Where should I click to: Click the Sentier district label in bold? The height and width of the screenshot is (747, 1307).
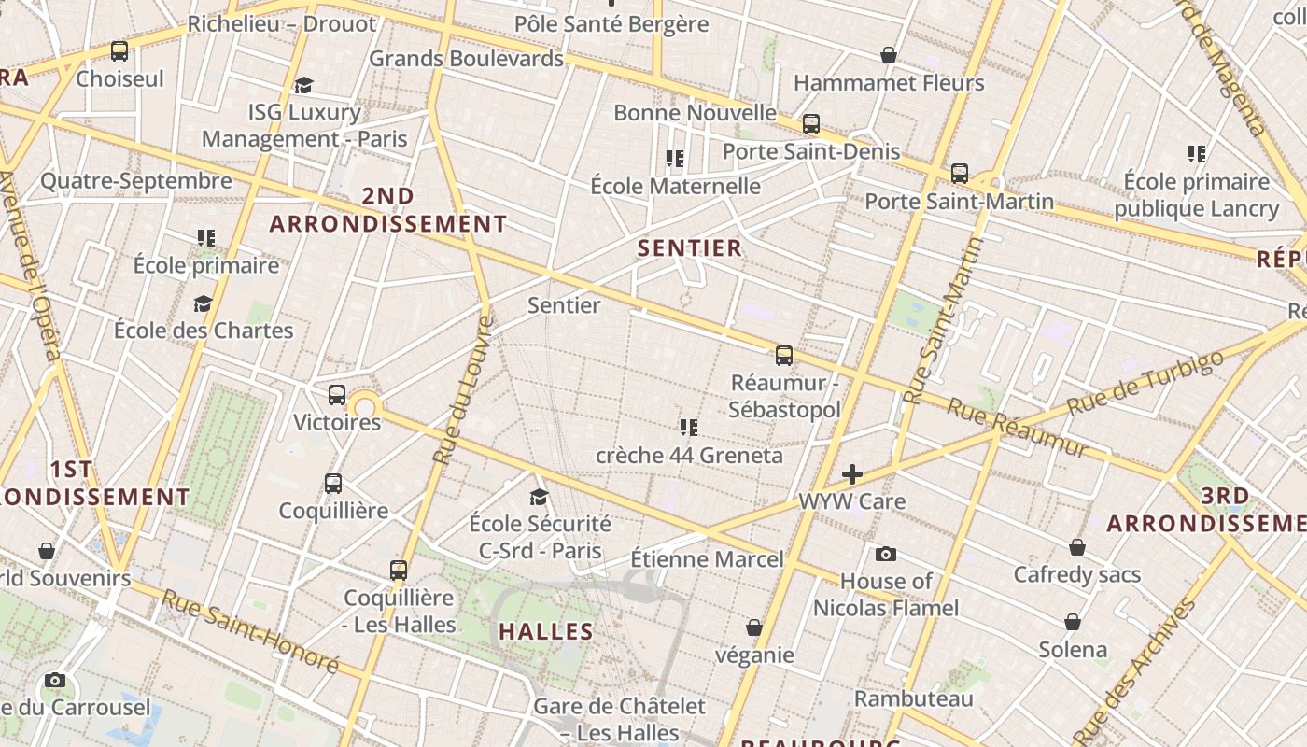click(690, 248)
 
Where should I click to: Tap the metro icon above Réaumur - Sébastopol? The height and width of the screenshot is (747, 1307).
click(784, 356)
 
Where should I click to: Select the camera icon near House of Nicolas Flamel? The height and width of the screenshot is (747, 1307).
click(886, 555)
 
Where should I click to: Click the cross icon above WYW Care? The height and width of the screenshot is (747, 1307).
click(852, 474)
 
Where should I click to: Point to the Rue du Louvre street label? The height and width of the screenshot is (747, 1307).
click(463, 390)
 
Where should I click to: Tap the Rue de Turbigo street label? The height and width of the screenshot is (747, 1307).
click(1145, 384)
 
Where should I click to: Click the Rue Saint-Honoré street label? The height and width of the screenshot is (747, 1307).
click(250, 630)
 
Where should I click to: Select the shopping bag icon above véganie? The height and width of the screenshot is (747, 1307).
click(754, 628)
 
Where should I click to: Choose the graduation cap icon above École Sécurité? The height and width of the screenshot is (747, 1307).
click(540, 497)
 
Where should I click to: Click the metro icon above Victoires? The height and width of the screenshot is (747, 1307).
click(337, 395)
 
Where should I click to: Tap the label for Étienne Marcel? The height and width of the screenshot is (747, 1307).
click(707, 559)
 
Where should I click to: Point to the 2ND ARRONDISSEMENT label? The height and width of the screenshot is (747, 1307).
click(388, 210)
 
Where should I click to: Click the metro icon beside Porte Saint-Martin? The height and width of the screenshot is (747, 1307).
click(960, 174)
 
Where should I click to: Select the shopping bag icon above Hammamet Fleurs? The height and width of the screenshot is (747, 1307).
click(889, 56)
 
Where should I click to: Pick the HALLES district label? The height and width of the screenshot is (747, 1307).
click(546, 632)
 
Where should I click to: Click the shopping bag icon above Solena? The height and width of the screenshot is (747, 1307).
click(1074, 623)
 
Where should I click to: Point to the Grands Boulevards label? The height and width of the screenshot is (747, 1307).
click(466, 59)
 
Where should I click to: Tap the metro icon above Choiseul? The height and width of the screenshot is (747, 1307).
click(119, 51)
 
